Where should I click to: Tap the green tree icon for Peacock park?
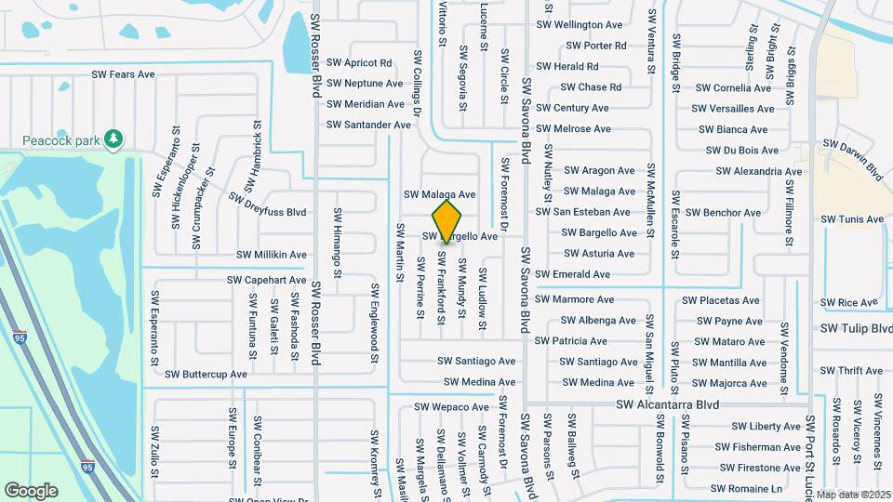tap(113, 139)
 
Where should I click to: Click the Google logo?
tap(31, 490)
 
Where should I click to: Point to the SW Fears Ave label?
tap(123, 73)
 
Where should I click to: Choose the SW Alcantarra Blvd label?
tap(669, 405)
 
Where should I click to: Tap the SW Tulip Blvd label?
tap(856, 329)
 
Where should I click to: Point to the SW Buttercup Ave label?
tap(206, 374)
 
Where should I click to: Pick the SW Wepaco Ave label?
tap(451, 407)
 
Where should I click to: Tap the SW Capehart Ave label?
tap(266, 280)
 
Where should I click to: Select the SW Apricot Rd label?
tap(359, 63)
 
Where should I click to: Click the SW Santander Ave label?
tap(368, 125)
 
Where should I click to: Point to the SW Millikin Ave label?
tap(272, 254)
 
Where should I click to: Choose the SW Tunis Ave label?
tap(852, 219)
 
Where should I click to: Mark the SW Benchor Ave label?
tap(719, 213)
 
